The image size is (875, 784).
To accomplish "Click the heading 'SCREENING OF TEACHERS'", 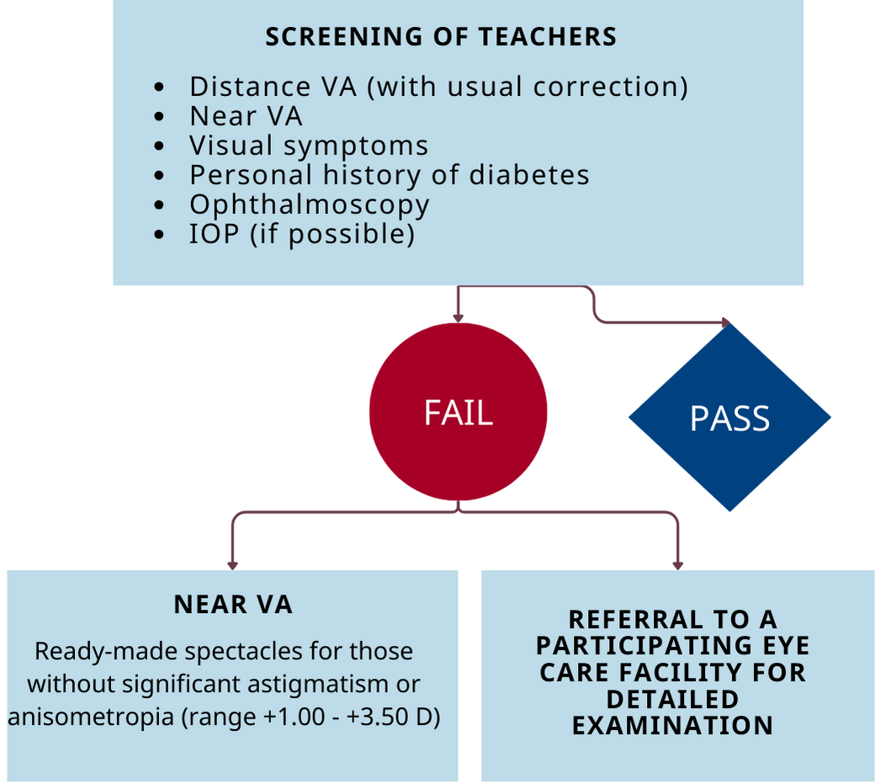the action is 441,37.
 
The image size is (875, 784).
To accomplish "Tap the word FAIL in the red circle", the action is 459,413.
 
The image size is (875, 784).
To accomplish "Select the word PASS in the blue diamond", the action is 730,419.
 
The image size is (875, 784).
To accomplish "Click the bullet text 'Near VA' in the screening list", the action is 246,116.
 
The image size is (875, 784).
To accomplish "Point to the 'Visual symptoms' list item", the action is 309,147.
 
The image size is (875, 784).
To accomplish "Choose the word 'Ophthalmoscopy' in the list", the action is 309,205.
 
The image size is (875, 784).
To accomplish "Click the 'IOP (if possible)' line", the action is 302,235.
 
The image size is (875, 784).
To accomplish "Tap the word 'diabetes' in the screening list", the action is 529,175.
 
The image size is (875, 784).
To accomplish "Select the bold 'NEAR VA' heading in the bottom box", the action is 233,605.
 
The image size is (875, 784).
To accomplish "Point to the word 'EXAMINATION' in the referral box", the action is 673,726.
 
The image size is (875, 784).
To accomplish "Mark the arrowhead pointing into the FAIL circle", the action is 459,318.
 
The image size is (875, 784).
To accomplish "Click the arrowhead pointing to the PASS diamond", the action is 726,323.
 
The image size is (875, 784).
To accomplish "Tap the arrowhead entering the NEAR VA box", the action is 233,566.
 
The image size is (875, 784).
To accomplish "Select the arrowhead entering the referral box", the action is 678,566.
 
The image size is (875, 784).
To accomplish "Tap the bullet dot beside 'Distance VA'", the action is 159,87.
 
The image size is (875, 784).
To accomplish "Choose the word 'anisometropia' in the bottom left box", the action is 91,717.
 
